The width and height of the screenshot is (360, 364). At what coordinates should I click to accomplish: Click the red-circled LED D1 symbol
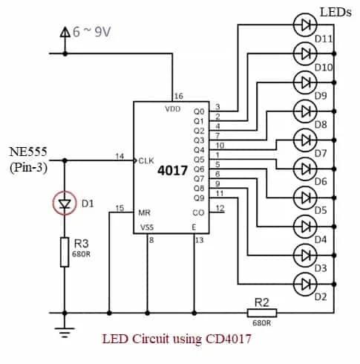click(x=65, y=204)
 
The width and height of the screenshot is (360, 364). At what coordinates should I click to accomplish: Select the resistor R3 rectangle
click(x=65, y=253)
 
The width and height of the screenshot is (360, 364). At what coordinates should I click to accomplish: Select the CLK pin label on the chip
click(x=146, y=160)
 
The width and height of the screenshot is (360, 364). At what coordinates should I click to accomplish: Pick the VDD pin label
click(x=173, y=108)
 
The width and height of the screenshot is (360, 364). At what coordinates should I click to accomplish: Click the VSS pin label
click(x=147, y=227)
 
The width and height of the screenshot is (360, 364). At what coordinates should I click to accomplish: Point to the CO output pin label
click(x=197, y=212)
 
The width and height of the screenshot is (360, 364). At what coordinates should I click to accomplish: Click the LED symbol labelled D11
click(x=305, y=25)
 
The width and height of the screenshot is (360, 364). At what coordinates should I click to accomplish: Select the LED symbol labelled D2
click(x=305, y=282)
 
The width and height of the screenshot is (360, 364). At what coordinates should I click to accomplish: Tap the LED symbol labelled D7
click(x=305, y=139)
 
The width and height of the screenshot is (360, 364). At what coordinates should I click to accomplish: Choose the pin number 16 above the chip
click(x=178, y=96)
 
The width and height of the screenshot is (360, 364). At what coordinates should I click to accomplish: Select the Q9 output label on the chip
click(x=197, y=198)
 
